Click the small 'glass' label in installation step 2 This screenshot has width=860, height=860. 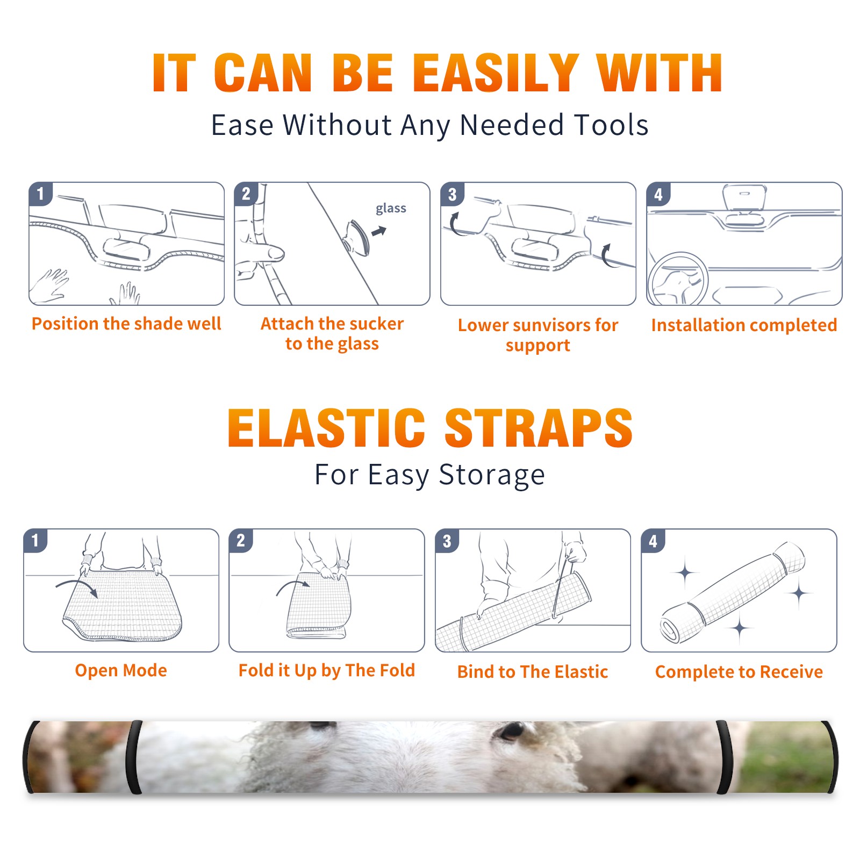(x=391, y=209)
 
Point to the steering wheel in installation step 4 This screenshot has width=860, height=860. (x=677, y=279)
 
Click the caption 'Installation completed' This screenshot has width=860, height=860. (x=744, y=325)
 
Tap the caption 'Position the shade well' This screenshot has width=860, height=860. (x=126, y=324)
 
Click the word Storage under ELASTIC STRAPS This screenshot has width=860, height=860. (x=492, y=475)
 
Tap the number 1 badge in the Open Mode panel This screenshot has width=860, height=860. (x=35, y=541)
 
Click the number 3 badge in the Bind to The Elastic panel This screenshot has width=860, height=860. (x=447, y=541)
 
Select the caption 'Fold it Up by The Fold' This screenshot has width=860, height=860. (x=327, y=670)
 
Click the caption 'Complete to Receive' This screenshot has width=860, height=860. (x=739, y=672)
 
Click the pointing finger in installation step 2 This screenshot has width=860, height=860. (x=262, y=253)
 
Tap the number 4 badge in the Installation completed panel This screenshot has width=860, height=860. (x=658, y=194)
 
